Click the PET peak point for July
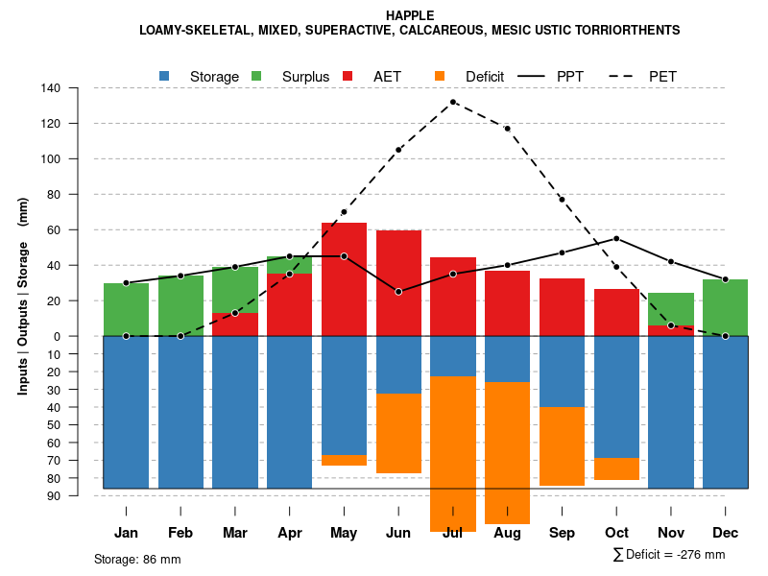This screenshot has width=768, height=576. click(453, 102)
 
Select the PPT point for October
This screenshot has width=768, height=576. click(616, 238)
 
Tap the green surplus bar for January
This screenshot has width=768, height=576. click(126, 309)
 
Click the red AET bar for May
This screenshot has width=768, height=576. click(344, 279)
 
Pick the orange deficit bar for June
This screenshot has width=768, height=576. click(398, 433)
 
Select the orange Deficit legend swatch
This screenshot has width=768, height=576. click(441, 76)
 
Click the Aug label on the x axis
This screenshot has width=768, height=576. click(507, 533)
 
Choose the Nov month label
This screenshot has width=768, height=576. click(671, 533)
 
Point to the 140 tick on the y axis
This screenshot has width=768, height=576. click(51, 88)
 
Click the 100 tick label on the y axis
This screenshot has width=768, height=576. click(51, 159)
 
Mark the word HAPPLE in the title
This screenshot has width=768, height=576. click(410, 15)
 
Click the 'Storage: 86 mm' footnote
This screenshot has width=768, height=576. click(137, 559)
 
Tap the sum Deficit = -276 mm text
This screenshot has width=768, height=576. click(669, 555)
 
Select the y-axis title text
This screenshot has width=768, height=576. click(23, 296)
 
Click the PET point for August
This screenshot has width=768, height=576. click(507, 129)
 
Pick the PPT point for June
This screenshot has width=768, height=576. click(398, 292)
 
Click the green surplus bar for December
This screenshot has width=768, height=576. click(726, 307)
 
